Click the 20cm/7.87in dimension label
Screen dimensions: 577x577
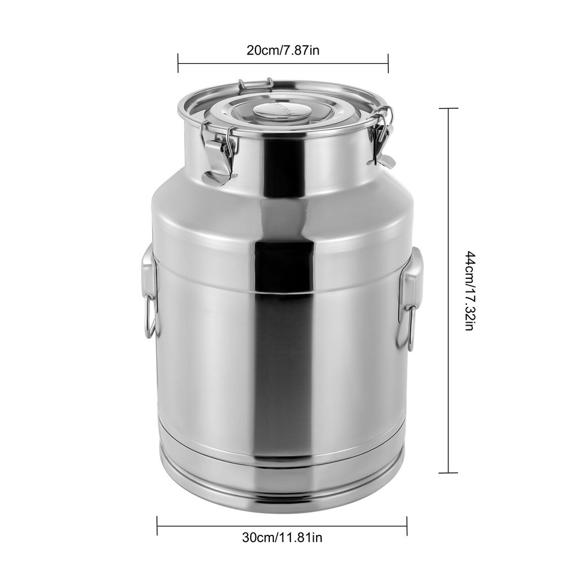[282, 49]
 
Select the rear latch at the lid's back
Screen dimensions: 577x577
[255, 85]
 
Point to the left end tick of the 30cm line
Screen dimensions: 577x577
[157, 525]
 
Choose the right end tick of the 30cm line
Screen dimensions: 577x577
[407, 525]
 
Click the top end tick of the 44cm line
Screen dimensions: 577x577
[448, 108]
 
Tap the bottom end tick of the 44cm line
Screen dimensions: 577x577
[448, 472]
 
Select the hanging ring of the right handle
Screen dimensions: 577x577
[408, 328]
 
